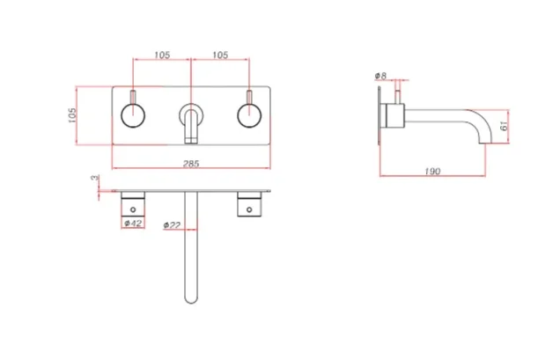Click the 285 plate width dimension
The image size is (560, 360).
(192, 164)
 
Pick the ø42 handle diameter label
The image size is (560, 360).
(134, 224)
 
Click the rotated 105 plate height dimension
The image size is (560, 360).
(73, 116)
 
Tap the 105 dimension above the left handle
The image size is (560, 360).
(162, 55)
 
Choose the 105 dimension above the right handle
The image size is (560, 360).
(220, 55)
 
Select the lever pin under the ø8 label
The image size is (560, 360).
(395, 95)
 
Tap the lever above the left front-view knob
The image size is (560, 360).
(134, 96)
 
